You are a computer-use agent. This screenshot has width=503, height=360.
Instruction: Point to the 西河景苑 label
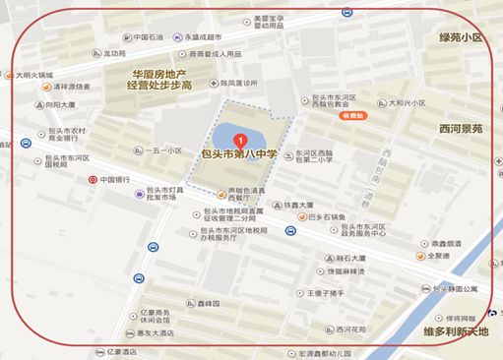tap(462, 128)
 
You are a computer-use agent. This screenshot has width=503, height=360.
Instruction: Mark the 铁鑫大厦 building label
tap(297, 205)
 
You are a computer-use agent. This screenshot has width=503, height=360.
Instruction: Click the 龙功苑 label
tap(113, 54)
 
